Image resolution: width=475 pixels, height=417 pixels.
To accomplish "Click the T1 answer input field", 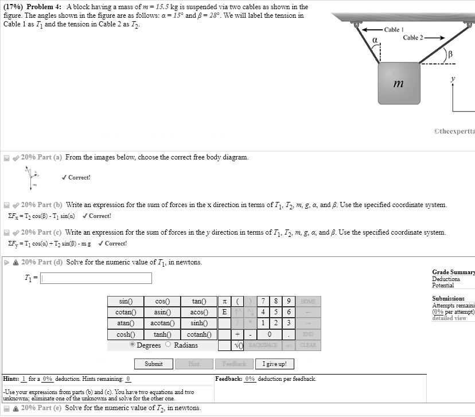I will (96, 278).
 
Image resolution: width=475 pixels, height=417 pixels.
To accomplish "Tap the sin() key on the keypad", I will (126, 302).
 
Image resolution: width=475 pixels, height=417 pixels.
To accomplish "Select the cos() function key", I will (162, 302).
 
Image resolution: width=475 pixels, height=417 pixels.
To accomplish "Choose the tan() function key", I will (198, 302).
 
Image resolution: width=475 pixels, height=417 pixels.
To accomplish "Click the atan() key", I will (126, 324).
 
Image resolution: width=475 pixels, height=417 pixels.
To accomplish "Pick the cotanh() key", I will (198, 334).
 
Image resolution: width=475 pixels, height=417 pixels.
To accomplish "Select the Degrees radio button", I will (133, 345).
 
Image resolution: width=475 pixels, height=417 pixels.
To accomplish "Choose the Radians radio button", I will (168, 345).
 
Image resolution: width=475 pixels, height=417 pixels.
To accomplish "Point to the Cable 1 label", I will (394, 29).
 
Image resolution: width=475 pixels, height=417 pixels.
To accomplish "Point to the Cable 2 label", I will (412, 38).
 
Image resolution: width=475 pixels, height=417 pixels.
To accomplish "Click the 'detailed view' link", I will (450, 318).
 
